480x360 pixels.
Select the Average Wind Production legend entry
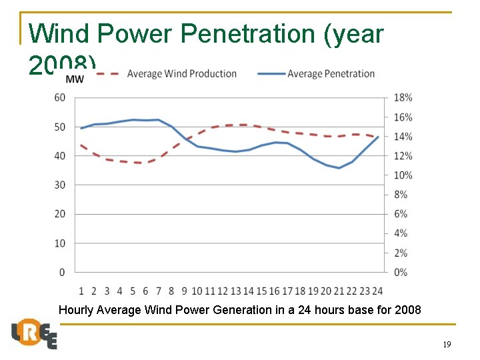click(x=182, y=73)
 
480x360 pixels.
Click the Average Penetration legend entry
click(x=331, y=73)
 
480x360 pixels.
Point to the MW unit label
click(x=75, y=80)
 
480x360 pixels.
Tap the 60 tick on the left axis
click(x=60, y=97)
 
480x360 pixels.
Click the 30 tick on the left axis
click(x=60, y=185)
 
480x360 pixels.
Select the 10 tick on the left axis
click(x=60, y=243)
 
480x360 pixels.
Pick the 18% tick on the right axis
click(x=403, y=97)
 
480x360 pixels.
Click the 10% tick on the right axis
click(x=403, y=175)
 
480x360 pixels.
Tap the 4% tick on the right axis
click(x=400, y=233)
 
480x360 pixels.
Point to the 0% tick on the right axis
click(x=400, y=272)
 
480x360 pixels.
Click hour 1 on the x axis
click(x=81, y=291)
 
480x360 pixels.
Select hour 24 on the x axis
click(x=377, y=291)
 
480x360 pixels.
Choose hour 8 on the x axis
click(x=171, y=291)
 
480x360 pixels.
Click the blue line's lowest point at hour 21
click(x=339, y=168)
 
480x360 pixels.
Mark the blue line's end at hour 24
click(x=378, y=137)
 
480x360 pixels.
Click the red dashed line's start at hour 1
click(x=81, y=145)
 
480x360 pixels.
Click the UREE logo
click(x=34, y=333)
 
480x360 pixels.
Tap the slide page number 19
click(x=447, y=345)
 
